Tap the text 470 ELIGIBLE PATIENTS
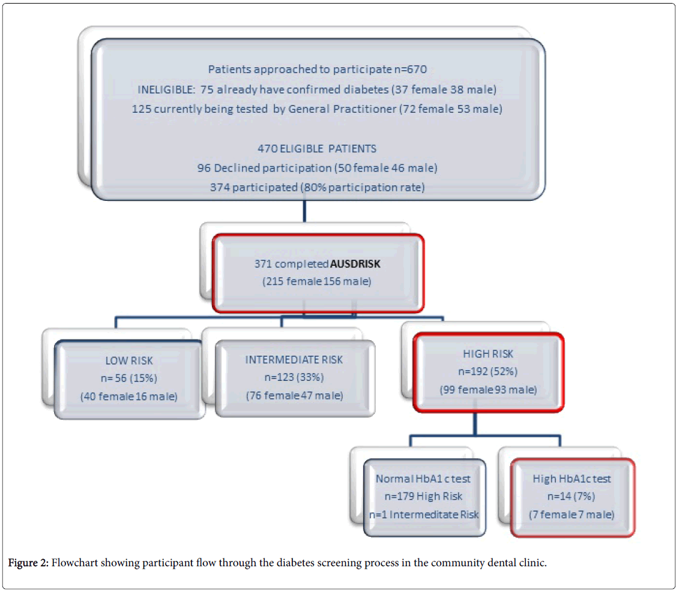pyautogui.click(x=318, y=149)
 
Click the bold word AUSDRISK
pyautogui.click(x=355, y=264)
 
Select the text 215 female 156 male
pyautogui.click(x=318, y=281)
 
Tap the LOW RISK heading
pyautogui.click(x=128, y=360)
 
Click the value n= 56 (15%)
pyautogui.click(x=128, y=378)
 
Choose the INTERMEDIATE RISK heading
pyautogui.click(x=294, y=360)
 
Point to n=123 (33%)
pyautogui.click(x=294, y=377)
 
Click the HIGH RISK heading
pyautogui.click(x=488, y=354)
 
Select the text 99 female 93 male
pyautogui.click(x=489, y=390)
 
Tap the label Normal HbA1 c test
pyautogui.click(x=423, y=479)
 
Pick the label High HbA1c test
pyautogui.click(x=572, y=479)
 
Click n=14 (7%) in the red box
pyautogui.click(x=572, y=497)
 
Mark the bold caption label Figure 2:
pyautogui.click(x=28, y=563)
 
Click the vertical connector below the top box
pyautogui.click(x=305, y=214)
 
